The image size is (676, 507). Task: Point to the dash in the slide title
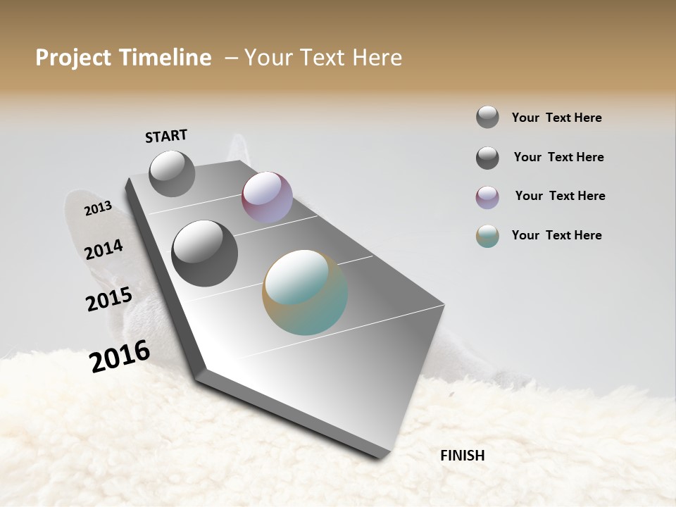(231, 58)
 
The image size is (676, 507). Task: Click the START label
(166, 136)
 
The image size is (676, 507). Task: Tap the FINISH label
(462, 456)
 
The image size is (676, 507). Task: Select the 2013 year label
(98, 208)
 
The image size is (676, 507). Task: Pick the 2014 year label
(104, 249)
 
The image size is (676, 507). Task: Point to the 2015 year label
(109, 299)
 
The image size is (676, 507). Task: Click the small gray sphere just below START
(172, 173)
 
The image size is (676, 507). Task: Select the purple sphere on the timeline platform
(267, 197)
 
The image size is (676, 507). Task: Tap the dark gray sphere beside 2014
(204, 254)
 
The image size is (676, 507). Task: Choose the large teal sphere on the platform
(305, 292)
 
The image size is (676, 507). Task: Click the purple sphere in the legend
(487, 197)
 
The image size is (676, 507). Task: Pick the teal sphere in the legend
(487, 236)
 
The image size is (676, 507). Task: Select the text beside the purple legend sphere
(560, 196)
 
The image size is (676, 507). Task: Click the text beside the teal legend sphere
(556, 235)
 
